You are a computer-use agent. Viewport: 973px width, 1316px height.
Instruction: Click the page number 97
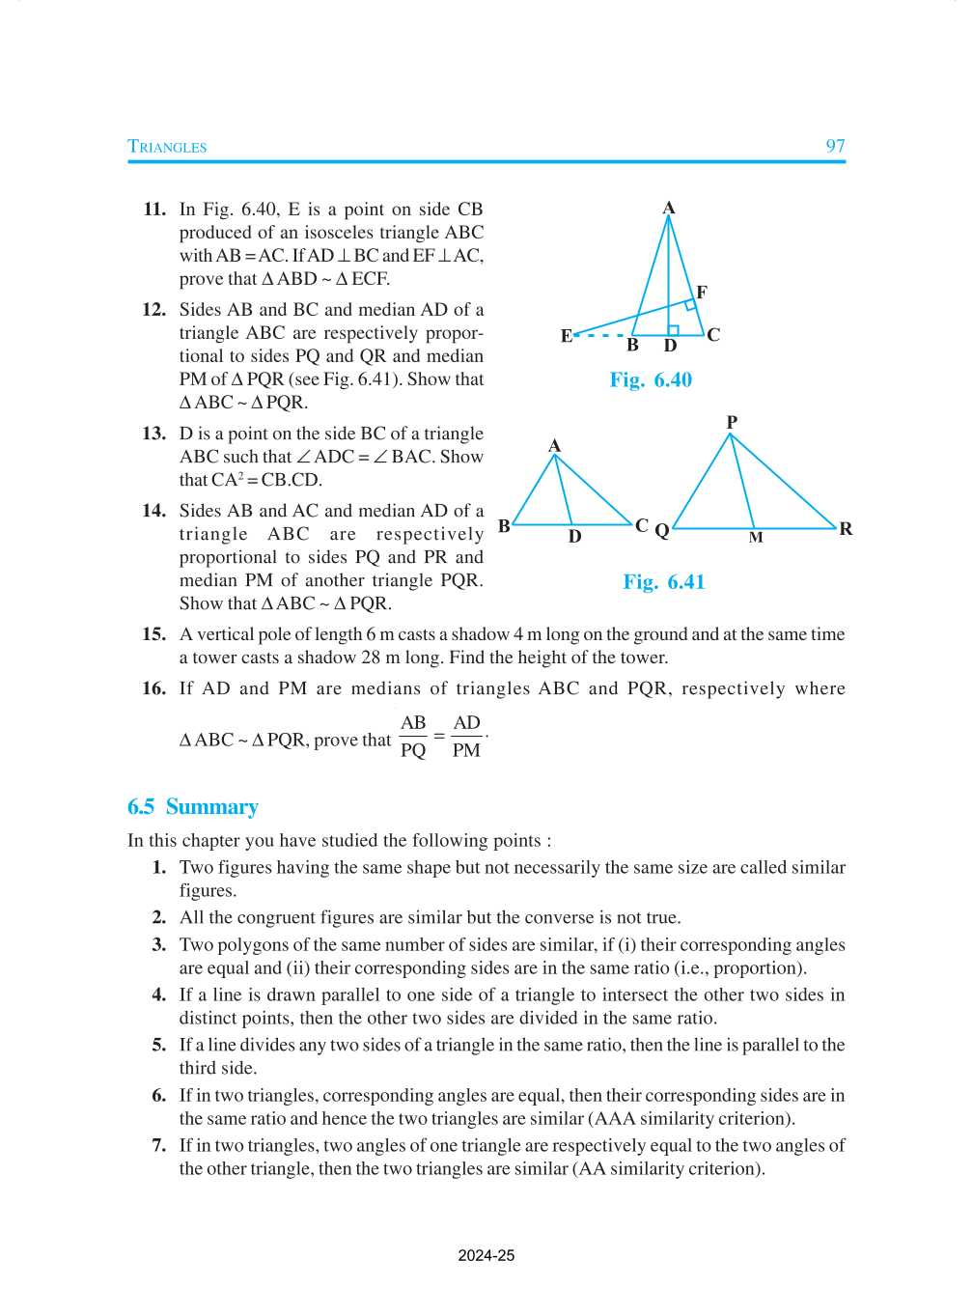click(835, 146)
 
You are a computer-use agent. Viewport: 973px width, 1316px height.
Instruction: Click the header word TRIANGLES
click(167, 147)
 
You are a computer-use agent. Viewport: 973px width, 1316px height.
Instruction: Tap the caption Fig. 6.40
click(651, 379)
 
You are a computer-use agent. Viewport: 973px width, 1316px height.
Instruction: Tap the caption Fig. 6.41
click(664, 581)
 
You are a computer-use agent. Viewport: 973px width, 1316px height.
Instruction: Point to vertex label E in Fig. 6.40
click(567, 336)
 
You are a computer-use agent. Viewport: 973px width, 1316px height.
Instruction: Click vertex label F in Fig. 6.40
click(702, 292)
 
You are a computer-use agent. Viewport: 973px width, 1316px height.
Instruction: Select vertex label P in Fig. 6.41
click(732, 422)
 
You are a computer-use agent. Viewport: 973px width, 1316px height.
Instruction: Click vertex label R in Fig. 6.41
click(846, 528)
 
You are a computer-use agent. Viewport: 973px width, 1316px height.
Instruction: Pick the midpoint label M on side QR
click(756, 538)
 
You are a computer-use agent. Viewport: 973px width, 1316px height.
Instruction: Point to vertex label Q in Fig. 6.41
click(662, 530)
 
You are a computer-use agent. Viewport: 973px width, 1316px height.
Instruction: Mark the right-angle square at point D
click(673, 330)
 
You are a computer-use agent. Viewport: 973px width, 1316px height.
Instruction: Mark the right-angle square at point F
click(690, 305)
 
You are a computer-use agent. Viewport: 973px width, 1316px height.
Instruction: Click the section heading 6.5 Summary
click(193, 806)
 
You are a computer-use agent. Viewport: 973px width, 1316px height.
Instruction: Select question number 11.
click(154, 210)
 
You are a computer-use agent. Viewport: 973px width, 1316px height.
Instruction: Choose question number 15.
click(154, 634)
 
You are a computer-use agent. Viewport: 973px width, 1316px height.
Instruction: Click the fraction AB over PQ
click(413, 737)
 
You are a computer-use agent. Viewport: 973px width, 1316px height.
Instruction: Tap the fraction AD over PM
click(466, 737)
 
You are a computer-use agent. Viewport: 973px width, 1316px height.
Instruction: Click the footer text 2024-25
click(486, 1255)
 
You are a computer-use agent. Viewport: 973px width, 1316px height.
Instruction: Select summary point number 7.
click(159, 1145)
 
